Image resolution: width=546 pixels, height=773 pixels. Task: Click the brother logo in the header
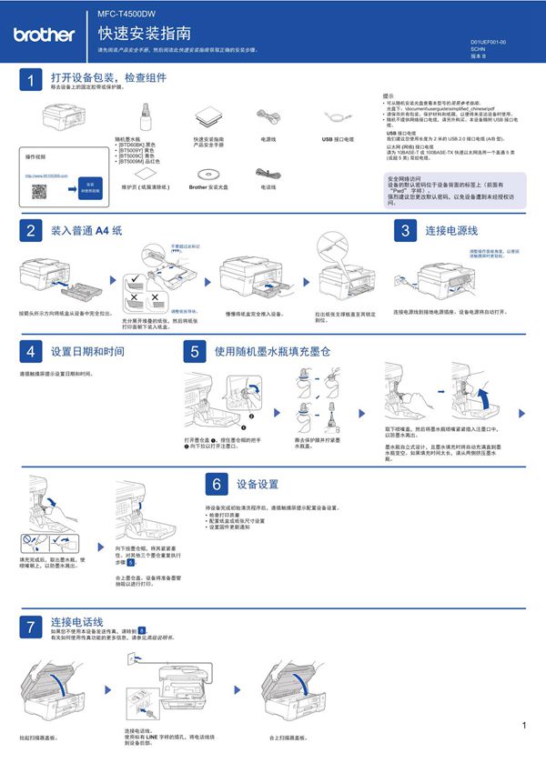tap(44, 35)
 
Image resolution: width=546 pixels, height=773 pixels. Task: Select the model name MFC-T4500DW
tap(126, 15)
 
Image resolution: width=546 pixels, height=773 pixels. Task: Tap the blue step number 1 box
tap(30, 81)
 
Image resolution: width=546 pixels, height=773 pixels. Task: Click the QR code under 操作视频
tap(40, 191)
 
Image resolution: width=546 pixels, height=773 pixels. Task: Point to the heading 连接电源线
tap(452, 231)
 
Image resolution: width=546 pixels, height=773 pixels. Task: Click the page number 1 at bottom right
tap(525, 725)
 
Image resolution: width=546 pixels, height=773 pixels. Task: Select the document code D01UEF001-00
tap(489, 43)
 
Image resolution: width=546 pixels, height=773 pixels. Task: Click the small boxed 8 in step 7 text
tap(142, 630)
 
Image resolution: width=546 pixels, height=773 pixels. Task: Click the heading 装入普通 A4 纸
tap(86, 231)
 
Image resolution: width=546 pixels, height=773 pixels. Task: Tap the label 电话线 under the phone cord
tap(268, 186)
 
